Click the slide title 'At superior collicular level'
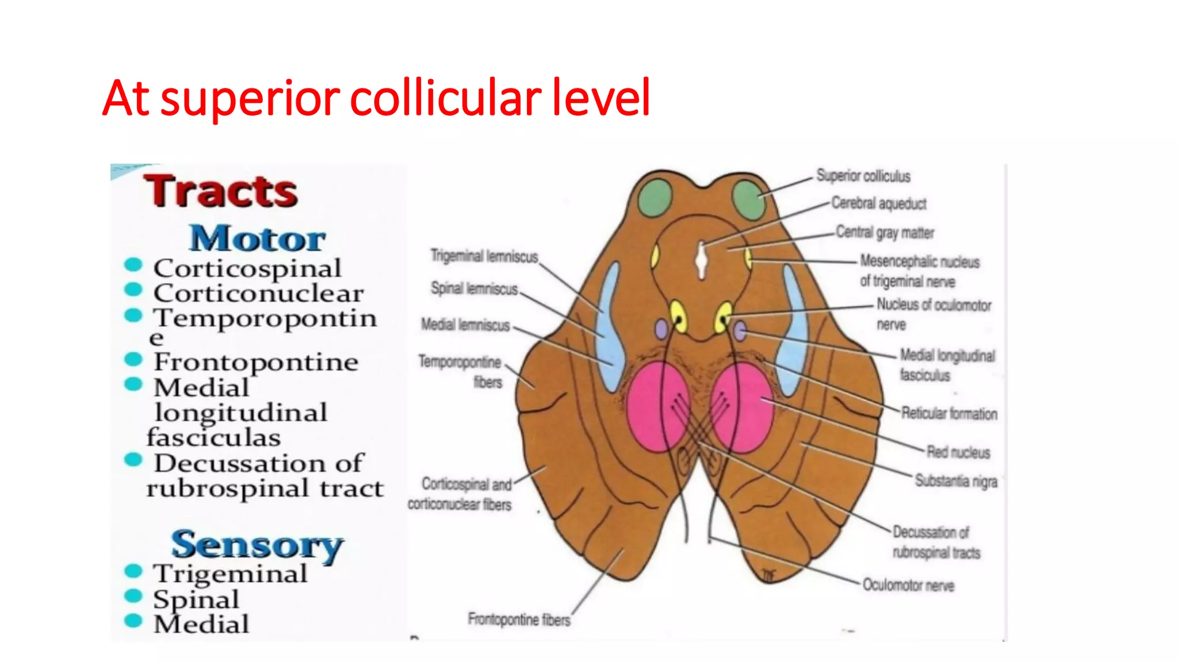(376, 98)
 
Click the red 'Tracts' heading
(221, 191)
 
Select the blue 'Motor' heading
(258, 238)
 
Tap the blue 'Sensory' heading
(257, 545)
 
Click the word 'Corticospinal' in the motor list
(247, 268)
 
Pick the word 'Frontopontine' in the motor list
(256, 362)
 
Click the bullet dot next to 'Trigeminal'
(133, 571)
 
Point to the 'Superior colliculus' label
(863, 176)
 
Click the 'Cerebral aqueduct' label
(879, 203)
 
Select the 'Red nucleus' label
(958, 452)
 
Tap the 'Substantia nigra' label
(956, 480)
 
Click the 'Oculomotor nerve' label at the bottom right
(908, 585)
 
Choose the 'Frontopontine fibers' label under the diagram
(519, 619)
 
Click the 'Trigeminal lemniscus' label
(484, 256)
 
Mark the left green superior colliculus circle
(655, 198)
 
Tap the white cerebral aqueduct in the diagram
(701, 261)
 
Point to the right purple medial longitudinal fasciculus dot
(740, 331)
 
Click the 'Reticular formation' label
(949, 413)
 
